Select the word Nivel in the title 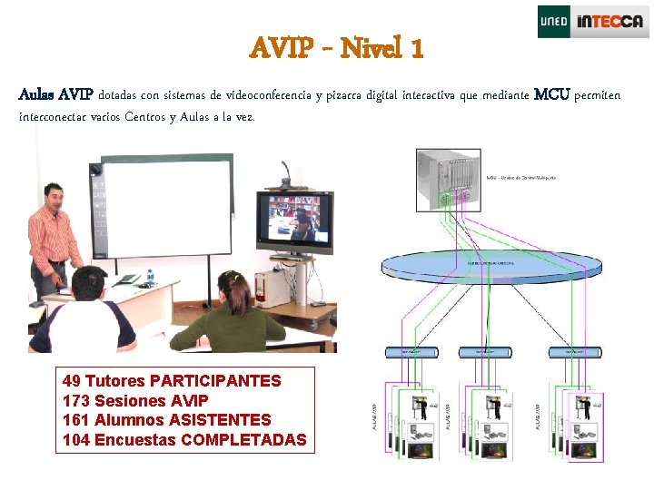click(371, 47)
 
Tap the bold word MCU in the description click(553, 94)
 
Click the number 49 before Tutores click(72, 380)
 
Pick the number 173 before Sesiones click(76, 400)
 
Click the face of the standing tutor click(53, 197)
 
